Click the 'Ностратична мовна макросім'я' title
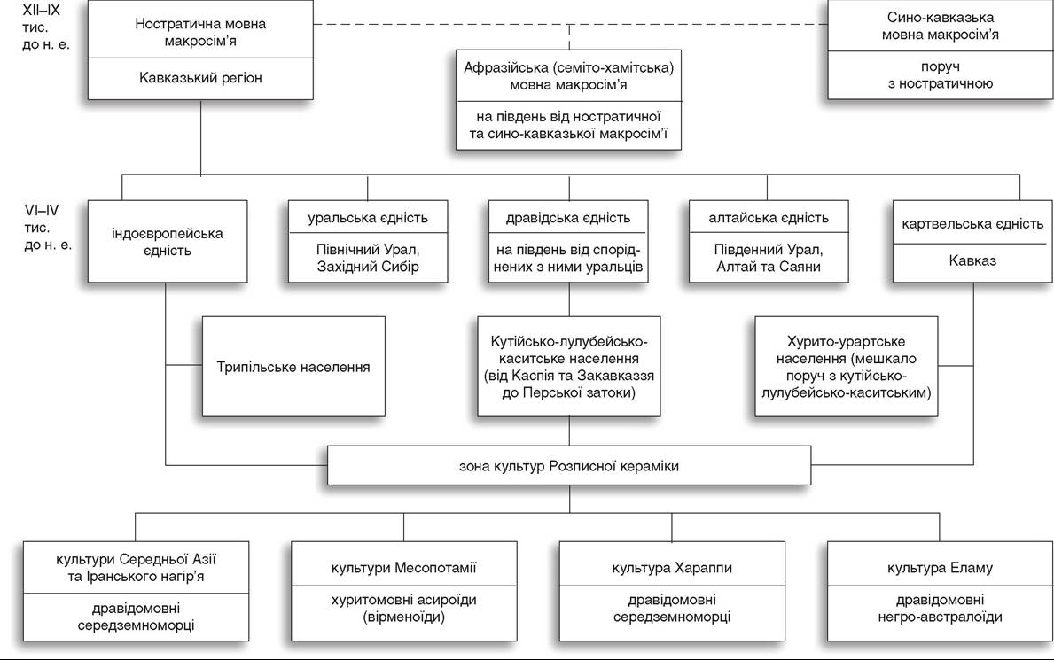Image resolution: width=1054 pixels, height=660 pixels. [200, 32]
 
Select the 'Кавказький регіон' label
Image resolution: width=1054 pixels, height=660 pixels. [200, 78]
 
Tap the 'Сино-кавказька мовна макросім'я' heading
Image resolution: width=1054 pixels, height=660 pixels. [940, 27]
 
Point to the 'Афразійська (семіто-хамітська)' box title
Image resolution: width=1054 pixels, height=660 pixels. [569, 68]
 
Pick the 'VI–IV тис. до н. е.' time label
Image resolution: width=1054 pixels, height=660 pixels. [48, 228]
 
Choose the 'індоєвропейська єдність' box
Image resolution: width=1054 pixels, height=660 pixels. [168, 241]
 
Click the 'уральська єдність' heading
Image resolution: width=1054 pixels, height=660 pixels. [368, 218]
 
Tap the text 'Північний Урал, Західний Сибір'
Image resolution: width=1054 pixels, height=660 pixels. [368, 258]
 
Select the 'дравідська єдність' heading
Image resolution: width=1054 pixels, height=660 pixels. [568, 218]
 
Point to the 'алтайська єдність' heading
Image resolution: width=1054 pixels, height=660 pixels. [769, 218]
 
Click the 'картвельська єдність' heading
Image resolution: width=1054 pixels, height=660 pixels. [972, 224]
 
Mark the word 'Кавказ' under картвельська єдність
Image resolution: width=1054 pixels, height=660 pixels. [972, 260]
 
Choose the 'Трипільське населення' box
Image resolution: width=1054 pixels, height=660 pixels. [293, 367]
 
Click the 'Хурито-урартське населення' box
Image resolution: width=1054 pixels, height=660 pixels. [847, 367]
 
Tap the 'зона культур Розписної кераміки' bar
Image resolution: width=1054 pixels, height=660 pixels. [569, 466]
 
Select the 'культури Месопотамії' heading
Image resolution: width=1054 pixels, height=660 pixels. [403, 568]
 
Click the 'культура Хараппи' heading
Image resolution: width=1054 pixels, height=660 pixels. [672, 568]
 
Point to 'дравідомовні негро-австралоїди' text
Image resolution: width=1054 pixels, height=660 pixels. [940, 609]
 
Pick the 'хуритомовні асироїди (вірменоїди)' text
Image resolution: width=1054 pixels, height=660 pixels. [403, 609]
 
